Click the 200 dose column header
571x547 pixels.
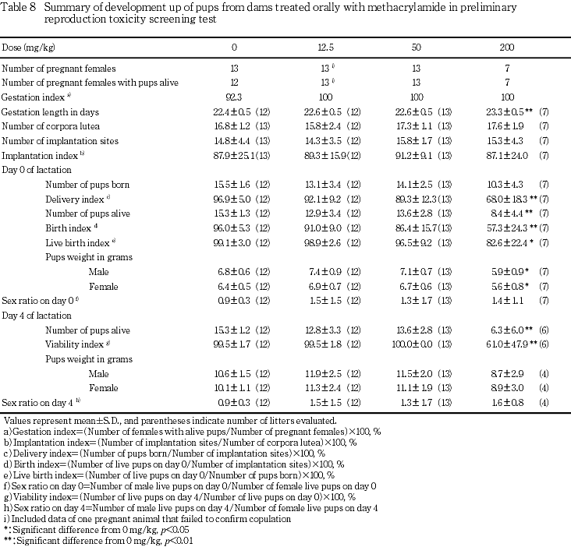[507, 48]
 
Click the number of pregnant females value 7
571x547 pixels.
[507, 69]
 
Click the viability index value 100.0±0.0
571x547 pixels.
[413, 344]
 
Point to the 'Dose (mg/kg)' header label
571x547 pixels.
[27, 48]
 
